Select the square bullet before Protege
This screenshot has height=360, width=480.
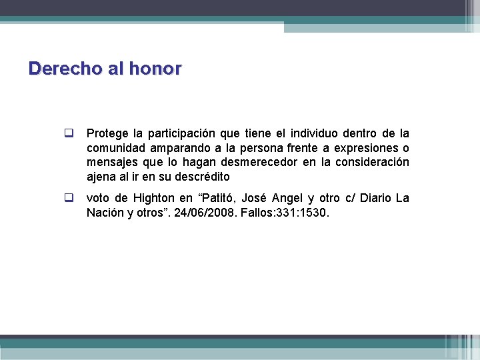[68, 133]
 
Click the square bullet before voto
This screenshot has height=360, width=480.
[68, 198]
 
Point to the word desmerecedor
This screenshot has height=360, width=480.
[268, 163]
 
